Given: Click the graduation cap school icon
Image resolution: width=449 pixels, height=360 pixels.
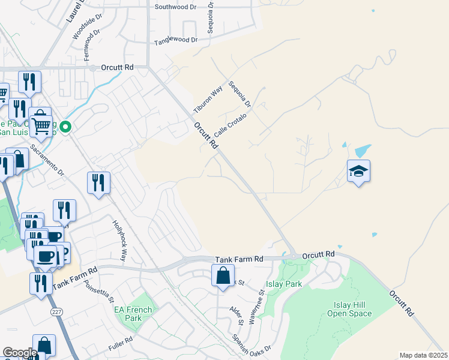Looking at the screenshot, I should (x=358, y=172).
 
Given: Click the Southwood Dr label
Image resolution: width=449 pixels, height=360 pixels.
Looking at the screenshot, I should (x=176, y=7).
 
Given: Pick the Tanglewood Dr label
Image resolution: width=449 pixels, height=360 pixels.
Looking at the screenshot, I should (x=176, y=41).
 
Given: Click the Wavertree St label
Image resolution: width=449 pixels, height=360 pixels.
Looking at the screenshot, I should (x=262, y=307).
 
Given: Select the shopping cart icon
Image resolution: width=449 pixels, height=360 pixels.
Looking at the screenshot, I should (x=41, y=124).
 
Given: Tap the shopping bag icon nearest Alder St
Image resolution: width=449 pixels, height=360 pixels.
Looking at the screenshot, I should (x=223, y=276).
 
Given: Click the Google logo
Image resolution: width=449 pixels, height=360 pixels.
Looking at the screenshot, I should (x=20, y=352).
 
